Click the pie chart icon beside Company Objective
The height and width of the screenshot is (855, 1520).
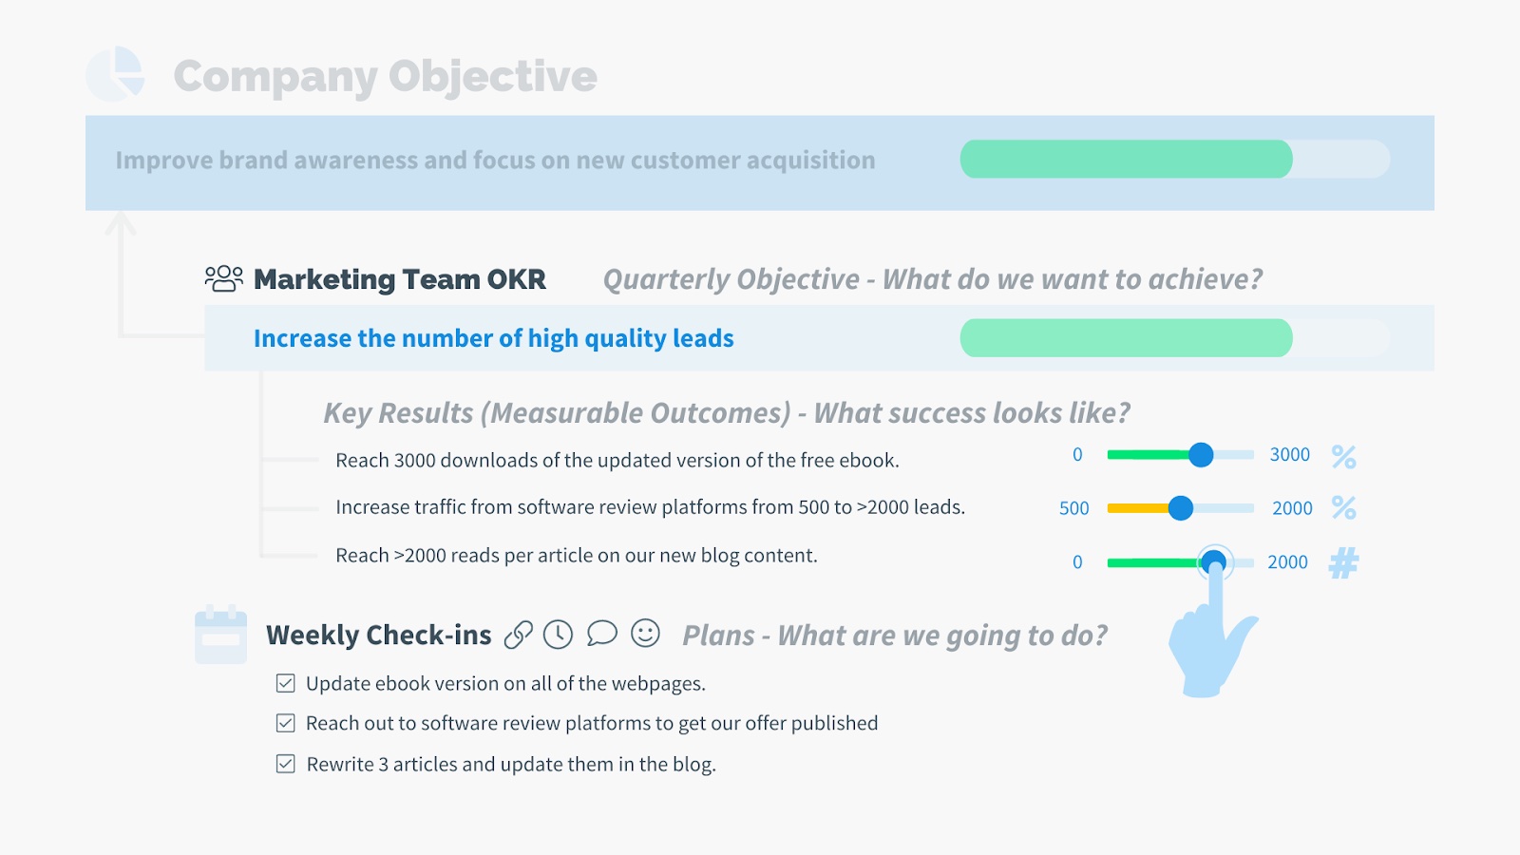115,74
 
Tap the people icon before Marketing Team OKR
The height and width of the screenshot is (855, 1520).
224,279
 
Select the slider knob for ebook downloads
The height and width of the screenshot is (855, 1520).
1201,455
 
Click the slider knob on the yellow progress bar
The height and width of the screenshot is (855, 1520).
1181,508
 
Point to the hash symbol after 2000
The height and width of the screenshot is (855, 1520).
1343,562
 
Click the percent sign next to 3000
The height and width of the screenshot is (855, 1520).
1343,457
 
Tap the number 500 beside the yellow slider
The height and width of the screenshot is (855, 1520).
1074,508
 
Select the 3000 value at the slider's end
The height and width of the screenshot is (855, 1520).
1290,455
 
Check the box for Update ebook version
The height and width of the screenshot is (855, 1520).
286,683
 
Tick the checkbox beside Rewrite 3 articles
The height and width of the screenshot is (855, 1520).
286,764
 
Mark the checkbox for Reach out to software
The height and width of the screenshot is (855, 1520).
286,723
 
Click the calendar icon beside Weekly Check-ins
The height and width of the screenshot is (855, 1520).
221,634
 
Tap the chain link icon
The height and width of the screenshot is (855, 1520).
519,636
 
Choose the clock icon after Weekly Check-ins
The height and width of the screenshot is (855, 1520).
559,635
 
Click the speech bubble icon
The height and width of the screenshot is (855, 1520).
602,634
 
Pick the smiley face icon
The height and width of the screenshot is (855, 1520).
645,633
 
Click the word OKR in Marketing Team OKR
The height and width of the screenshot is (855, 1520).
516,279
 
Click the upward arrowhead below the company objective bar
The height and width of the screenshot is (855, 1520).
121,222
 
